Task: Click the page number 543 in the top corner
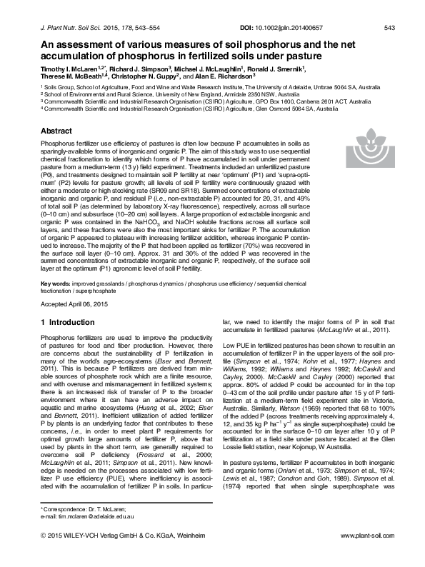pyautogui.click(x=389, y=28)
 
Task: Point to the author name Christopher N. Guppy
pyautogui.click(x=146, y=74)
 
